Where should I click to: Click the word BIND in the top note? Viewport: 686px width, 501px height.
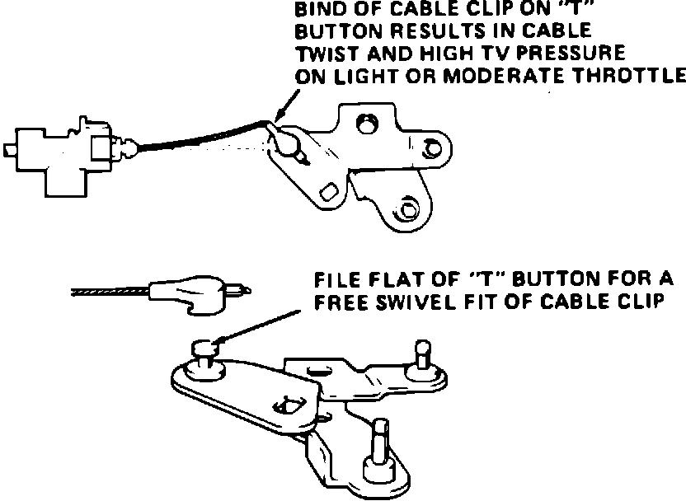317,12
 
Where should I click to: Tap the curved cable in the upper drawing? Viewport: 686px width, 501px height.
198,138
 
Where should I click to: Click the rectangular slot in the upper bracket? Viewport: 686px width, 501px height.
330,191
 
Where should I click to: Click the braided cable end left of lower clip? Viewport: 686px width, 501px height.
107,291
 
